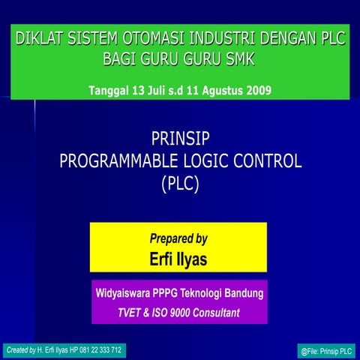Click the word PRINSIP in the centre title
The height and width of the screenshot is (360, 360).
click(180, 138)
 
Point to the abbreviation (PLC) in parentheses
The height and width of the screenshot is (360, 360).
click(180, 182)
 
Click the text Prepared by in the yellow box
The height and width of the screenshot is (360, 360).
click(178, 239)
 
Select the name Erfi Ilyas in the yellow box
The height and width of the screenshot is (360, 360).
click(178, 259)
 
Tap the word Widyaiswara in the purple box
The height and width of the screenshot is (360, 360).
click(124, 292)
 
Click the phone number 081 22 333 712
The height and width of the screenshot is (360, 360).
click(97, 350)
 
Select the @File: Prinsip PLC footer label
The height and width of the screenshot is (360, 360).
click(325, 351)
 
